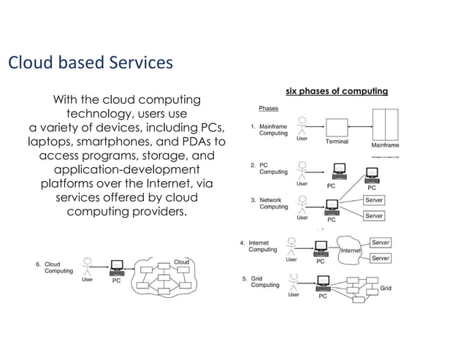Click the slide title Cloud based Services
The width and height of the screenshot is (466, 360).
(90, 63)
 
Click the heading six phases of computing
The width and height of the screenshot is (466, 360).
(337, 91)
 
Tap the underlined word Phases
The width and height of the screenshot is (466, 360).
(269, 109)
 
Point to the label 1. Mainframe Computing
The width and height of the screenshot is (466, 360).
(269, 129)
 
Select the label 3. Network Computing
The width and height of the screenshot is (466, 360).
(269, 203)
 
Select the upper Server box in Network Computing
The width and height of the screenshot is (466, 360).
(374, 199)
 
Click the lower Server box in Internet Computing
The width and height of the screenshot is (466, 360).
(380, 258)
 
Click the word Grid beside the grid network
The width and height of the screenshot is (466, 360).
(386, 288)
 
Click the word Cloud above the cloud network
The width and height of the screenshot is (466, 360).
(180, 261)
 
